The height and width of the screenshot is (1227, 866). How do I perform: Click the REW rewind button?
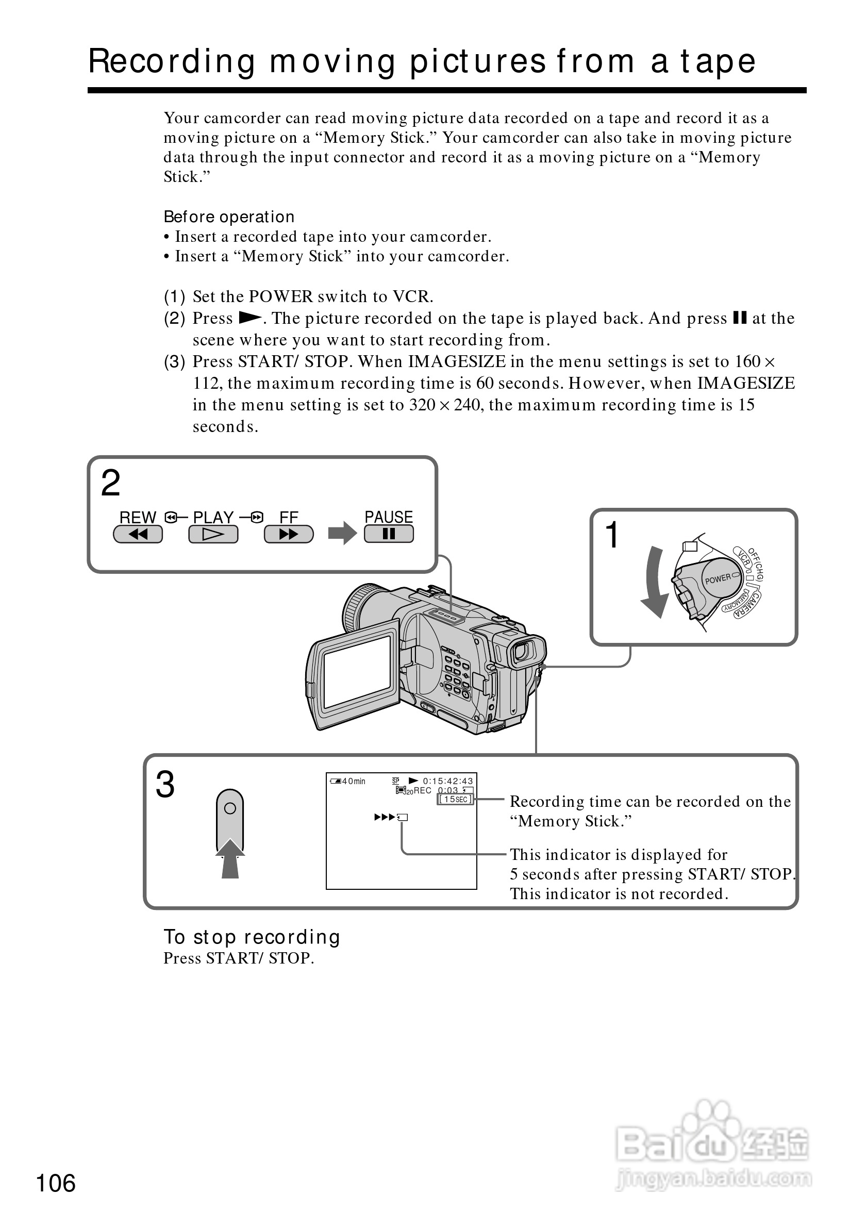pyautogui.click(x=138, y=534)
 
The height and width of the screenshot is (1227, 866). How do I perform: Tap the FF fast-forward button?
pyautogui.click(x=289, y=534)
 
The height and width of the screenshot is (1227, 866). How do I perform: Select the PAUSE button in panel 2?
pyautogui.click(x=388, y=534)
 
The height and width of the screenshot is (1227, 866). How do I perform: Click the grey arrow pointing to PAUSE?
pyautogui.click(x=342, y=533)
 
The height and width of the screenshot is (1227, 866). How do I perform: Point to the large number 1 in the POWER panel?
pyautogui.click(x=611, y=535)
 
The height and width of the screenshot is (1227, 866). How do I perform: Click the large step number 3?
pyautogui.click(x=165, y=785)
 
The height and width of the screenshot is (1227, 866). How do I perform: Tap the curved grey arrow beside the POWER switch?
pyautogui.click(x=655, y=582)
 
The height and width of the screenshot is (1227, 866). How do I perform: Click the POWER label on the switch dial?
pyautogui.click(x=718, y=579)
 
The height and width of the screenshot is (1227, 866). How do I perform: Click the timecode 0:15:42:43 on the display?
pyautogui.click(x=448, y=781)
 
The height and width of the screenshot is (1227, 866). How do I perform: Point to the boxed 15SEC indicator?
pyautogui.click(x=455, y=800)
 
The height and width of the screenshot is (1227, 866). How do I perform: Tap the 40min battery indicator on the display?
pyautogui.click(x=348, y=781)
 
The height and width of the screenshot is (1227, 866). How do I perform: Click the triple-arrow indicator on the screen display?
pyautogui.click(x=385, y=817)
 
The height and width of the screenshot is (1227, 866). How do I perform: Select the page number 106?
pyautogui.click(x=56, y=1183)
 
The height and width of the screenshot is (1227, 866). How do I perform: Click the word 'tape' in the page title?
pyautogui.click(x=718, y=61)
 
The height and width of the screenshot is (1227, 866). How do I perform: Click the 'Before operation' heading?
pyautogui.click(x=229, y=217)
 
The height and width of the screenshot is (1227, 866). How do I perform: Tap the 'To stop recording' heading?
pyautogui.click(x=252, y=937)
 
